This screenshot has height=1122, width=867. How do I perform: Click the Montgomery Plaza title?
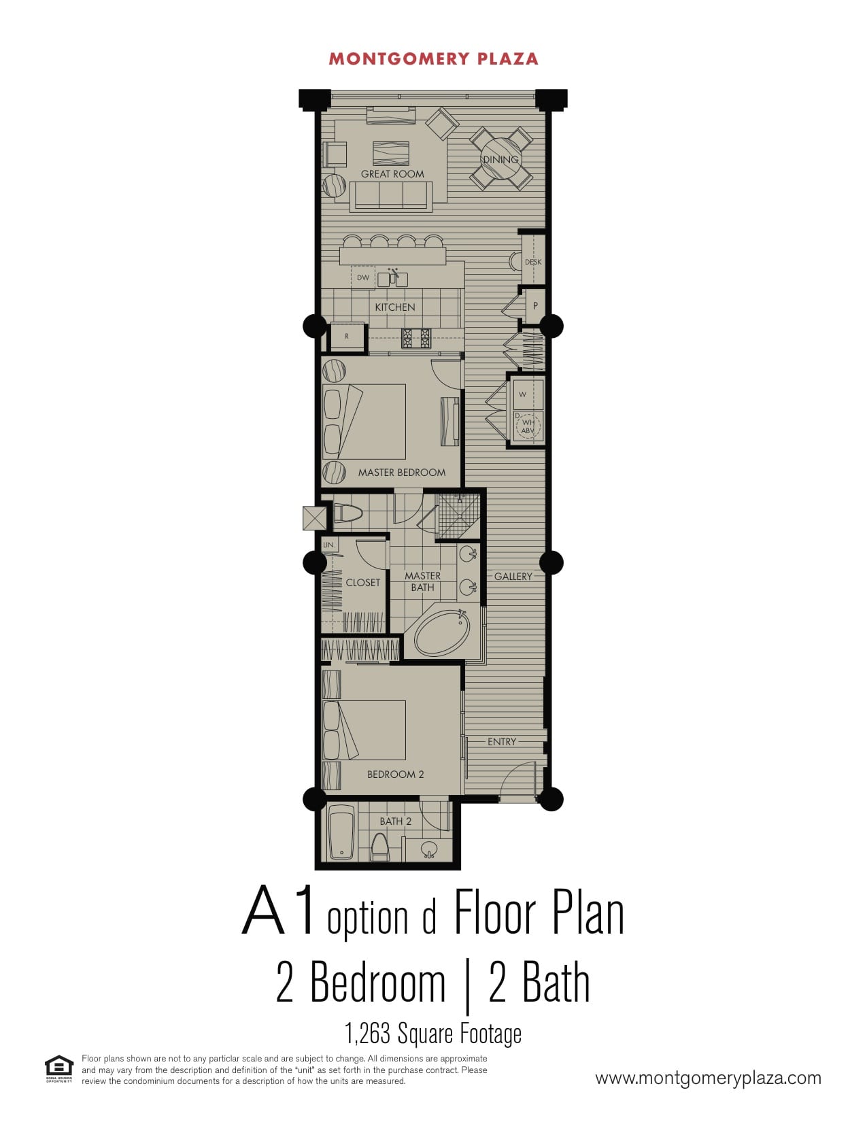[x=433, y=59]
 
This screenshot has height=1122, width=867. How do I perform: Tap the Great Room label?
[x=392, y=174]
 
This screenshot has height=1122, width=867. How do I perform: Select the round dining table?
[x=500, y=159]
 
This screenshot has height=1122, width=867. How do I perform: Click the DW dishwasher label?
[x=363, y=277]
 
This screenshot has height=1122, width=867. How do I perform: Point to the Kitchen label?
[x=395, y=307]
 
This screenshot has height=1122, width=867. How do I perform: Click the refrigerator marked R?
[x=347, y=336]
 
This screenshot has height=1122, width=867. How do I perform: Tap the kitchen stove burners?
[x=416, y=339]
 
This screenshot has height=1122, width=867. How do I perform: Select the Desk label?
[x=533, y=262]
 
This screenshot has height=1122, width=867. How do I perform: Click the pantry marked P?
[x=535, y=306]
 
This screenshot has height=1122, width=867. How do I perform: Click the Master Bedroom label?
[x=402, y=473]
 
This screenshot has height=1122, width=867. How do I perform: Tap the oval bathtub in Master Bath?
[x=442, y=633]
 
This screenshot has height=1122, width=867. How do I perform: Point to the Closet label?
[x=363, y=583]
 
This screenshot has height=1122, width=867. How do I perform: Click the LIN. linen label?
[x=329, y=545]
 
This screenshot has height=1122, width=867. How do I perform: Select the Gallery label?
[x=513, y=576]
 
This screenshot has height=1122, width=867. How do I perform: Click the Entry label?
[x=502, y=741]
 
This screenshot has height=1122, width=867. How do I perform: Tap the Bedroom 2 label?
[x=396, y=774]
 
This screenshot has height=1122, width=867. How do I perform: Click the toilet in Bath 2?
[x=380, y=847]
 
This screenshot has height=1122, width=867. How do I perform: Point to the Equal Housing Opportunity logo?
[x=59, y=1068]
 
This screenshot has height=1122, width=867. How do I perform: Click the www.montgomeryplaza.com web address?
[x=708, y=1078]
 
